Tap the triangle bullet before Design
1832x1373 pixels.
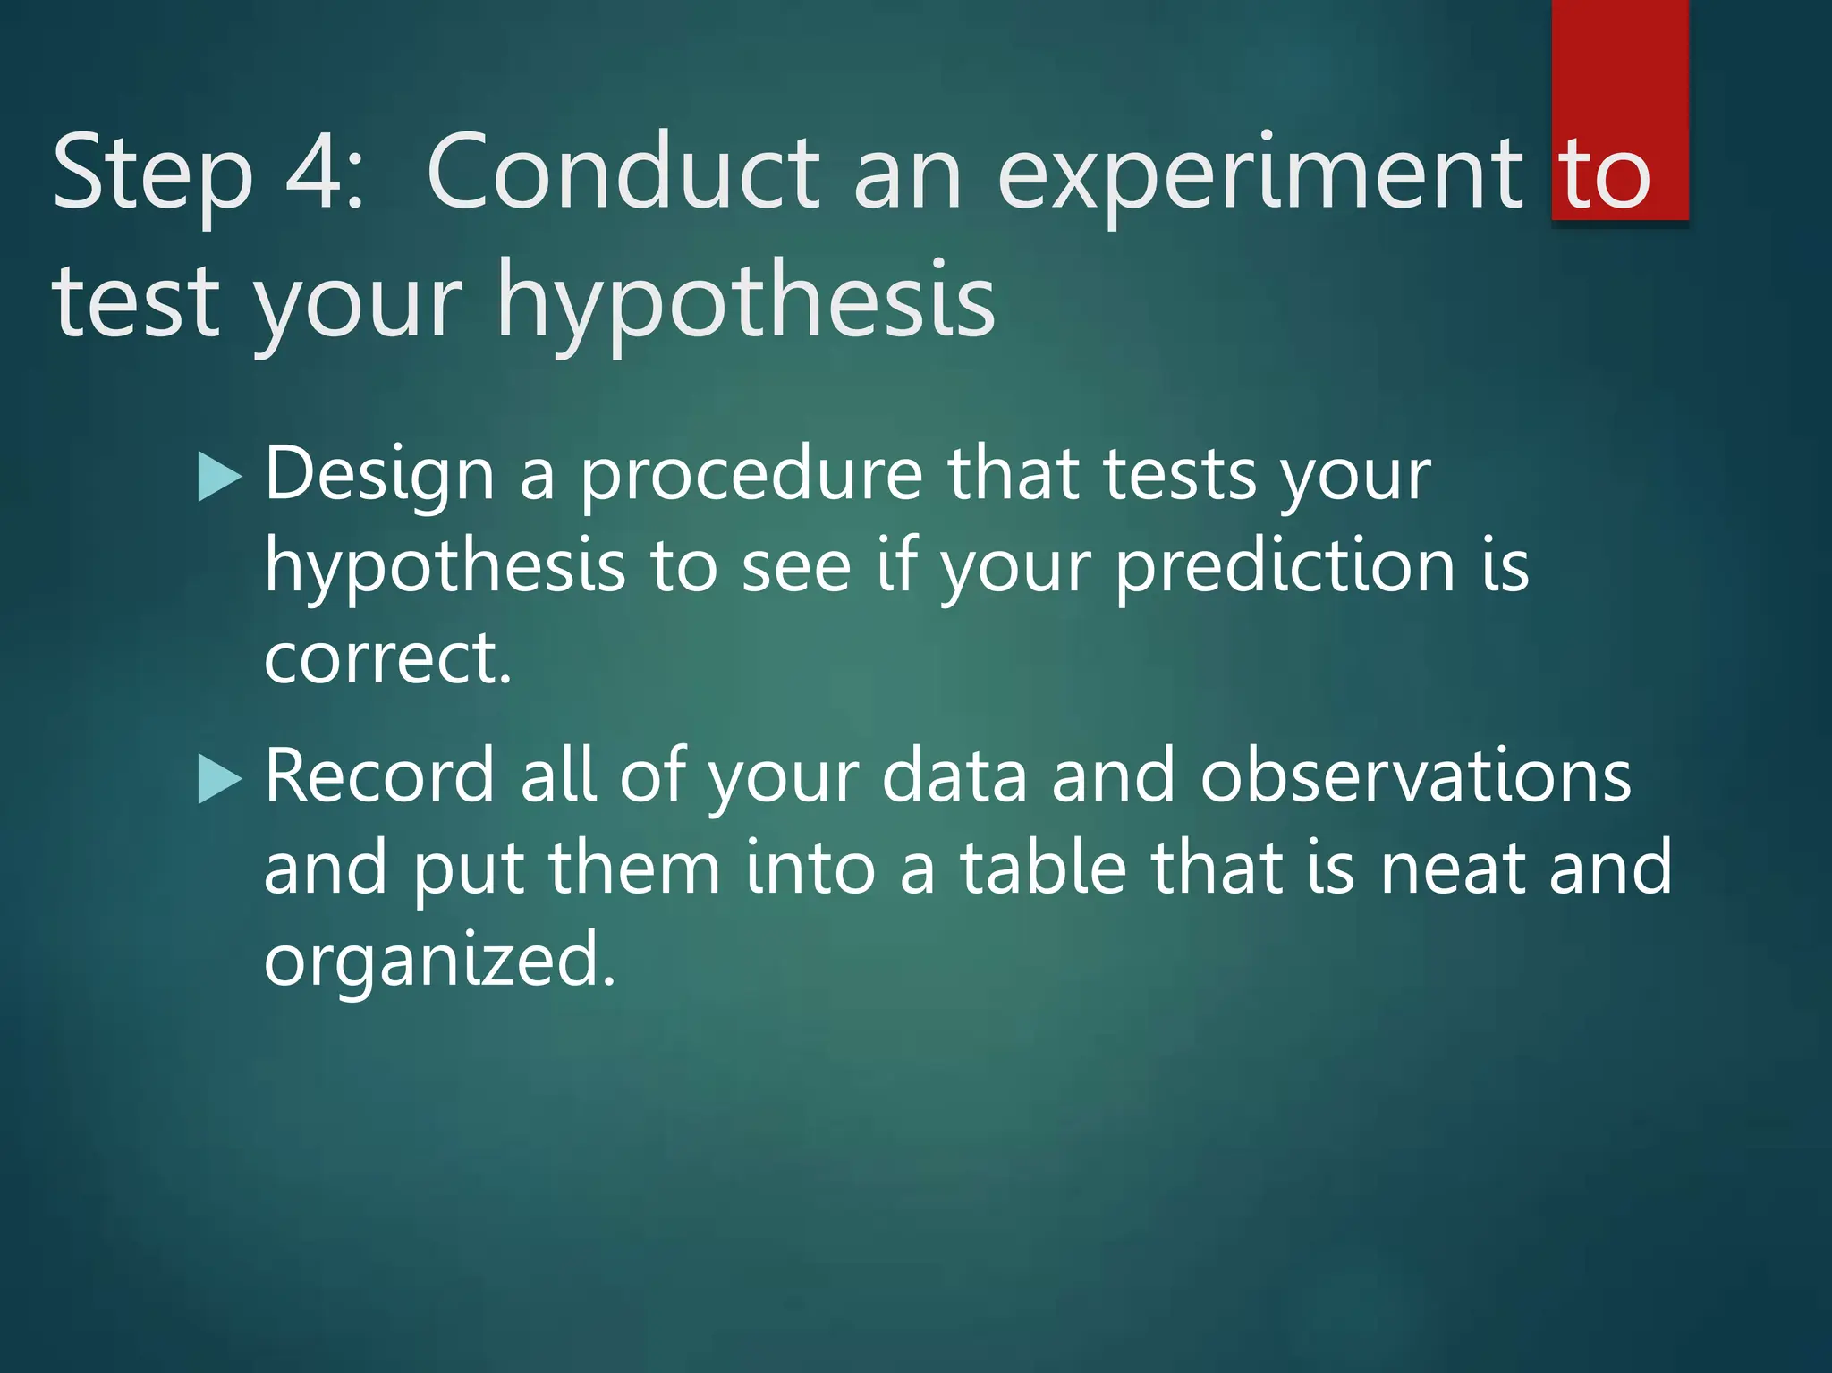coord(219,476)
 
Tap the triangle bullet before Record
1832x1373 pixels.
coord(219,778)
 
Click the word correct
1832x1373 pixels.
coord(387,659)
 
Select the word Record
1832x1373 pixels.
coord(379,776)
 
